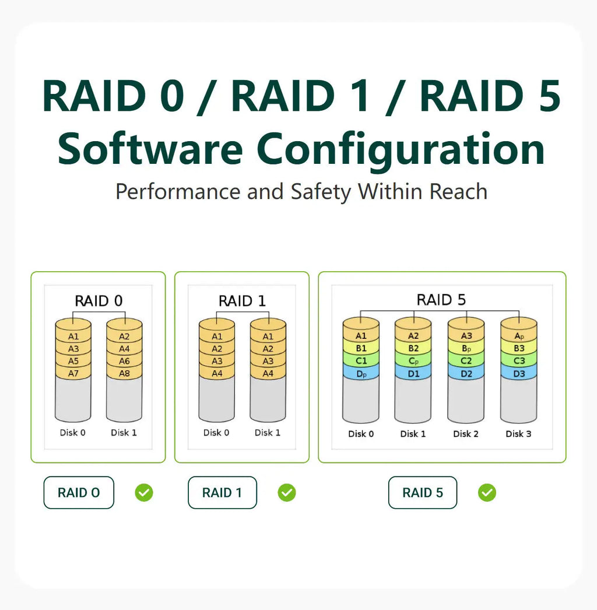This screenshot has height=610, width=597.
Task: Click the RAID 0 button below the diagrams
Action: coord(79,493)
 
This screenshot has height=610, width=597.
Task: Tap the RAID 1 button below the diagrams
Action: coord(222,493)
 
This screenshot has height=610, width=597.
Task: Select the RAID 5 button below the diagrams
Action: coord(422,493)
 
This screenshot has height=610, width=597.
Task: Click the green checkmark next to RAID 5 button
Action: coord(487,493)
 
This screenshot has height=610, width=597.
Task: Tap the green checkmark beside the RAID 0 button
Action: coord(144,493)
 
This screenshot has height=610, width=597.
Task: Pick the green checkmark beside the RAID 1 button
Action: coord(287,493)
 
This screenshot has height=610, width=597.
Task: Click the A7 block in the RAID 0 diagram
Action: coord(73,373)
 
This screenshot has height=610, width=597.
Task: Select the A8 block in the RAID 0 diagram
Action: coord(124,373)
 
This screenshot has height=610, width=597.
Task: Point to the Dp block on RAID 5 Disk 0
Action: coord(361,374)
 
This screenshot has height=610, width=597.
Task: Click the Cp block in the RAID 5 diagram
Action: coord(413,361)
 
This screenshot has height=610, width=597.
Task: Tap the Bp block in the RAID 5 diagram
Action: coord(466,348)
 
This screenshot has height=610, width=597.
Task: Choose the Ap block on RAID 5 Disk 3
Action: coord(519,336)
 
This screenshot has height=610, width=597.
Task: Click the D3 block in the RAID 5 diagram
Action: coord(519,374)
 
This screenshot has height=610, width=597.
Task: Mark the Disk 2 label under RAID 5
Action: coord(466,434)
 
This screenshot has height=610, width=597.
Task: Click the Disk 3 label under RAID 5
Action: coord(518,434)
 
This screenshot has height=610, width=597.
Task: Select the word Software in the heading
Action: coord(150,149)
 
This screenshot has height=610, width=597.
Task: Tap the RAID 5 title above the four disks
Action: coord(441,300)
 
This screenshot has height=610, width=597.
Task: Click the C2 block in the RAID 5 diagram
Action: coord(466,361)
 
